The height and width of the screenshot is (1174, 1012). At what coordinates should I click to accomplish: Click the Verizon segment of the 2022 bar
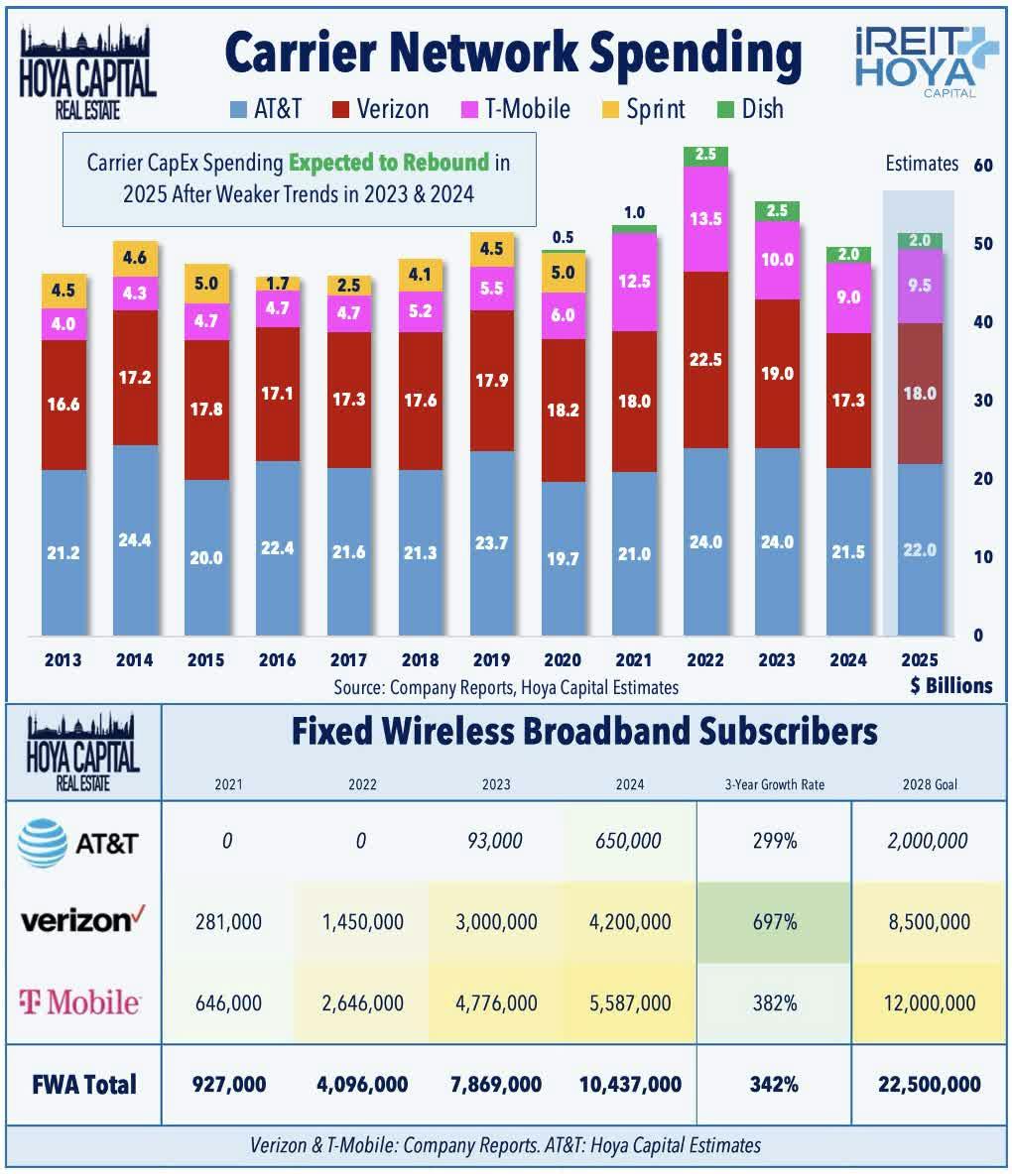[x=705, y=360]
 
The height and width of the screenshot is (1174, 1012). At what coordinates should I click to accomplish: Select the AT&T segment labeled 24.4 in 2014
[x=135, y=539]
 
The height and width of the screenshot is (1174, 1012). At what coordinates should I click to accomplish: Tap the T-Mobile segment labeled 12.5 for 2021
[x=634, y=282]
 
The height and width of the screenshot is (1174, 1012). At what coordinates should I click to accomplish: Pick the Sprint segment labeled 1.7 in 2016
[x=278, y=284]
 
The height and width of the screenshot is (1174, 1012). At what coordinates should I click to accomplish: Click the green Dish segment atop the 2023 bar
[x=777, y=211]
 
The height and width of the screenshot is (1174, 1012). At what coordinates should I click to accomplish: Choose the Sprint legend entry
[x=643, y=109]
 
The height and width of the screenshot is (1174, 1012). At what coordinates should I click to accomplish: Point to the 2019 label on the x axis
[x=491, y=660]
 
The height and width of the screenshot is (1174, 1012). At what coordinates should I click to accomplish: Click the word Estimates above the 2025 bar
[x=922, y=164]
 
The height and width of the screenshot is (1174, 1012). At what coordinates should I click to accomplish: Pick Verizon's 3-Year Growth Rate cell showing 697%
[x=774, y=922]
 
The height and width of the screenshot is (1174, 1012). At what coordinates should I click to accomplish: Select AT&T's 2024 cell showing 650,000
[x=630, y=842]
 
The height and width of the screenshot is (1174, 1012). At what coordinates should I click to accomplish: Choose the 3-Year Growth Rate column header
[x=774, y=784]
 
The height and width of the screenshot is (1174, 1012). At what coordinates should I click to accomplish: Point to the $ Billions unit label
[x=950, y=686]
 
